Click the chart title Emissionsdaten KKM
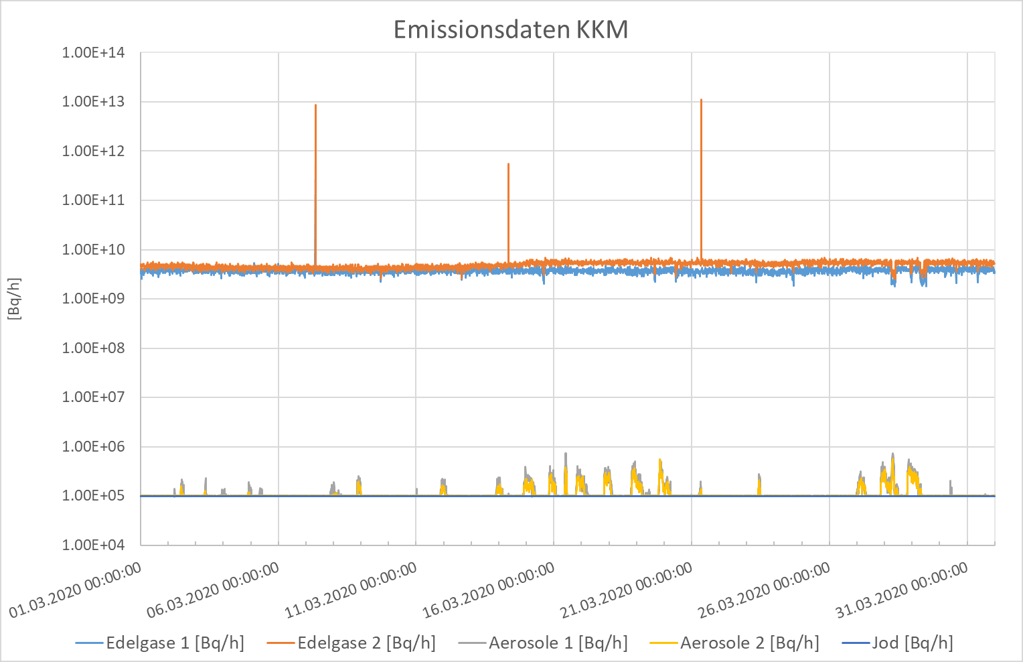click(x=511, y=30)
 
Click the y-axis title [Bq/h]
click(x=15, y=299)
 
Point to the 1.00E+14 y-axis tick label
click(x=94, y=53)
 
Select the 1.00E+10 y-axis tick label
click(x=94, y=249)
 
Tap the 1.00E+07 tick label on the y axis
click(x=94, y=397)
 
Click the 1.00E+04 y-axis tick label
click(x=94, y=545)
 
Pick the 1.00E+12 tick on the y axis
click(x=94, y=151)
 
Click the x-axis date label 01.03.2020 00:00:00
click(x=76, y=590)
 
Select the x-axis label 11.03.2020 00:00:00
click(x=351, y=590)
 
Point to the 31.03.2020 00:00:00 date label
click(x=902, y=590)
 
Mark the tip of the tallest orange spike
click(x=701, y=100)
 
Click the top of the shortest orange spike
click(x=508, y=164)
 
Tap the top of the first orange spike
click(x=315, y=105)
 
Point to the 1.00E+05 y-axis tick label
click(x=94, y=496)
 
